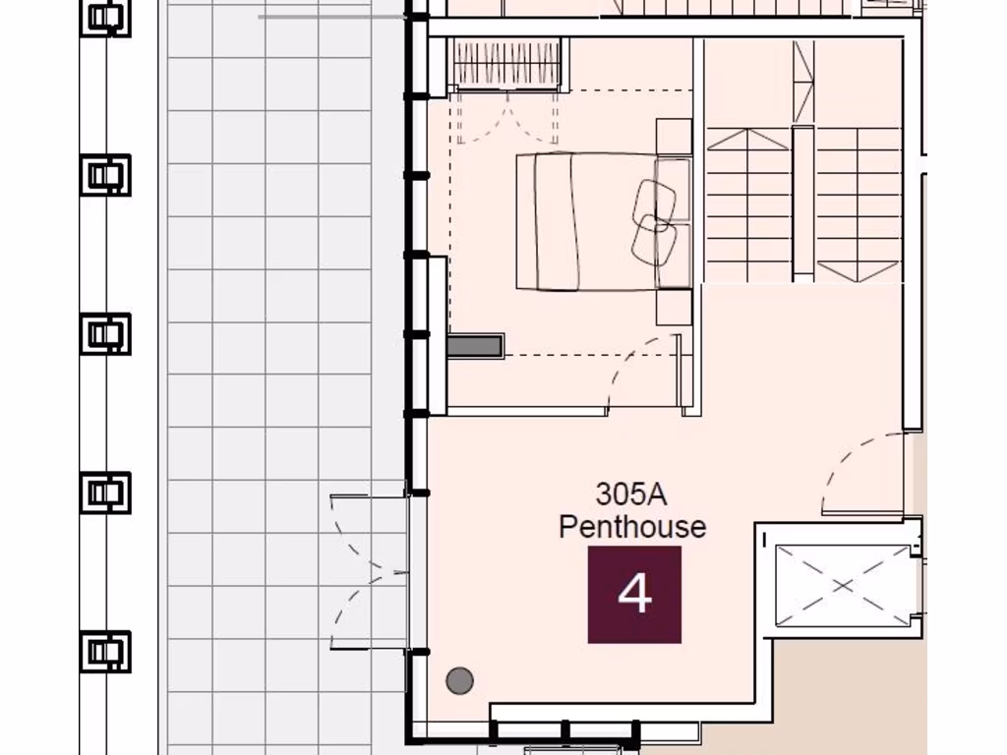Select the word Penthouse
point(631,527)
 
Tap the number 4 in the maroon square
point(634,595)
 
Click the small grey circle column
point(459,679)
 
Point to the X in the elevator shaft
point(843,586)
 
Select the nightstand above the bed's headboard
point(674,137)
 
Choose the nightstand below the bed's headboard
point(674,308)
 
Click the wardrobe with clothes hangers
point(504,65)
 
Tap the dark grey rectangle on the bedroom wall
point(475,345)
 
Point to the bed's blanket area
point(580,221)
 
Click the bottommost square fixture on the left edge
point(104,651)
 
